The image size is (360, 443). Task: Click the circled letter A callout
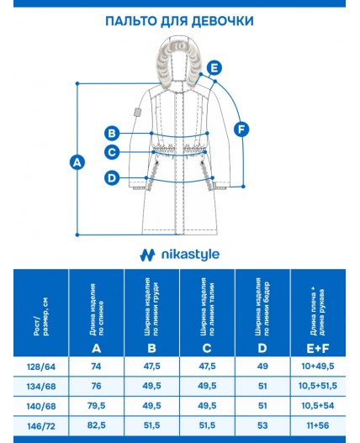tap(77, 162)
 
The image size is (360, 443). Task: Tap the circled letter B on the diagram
tap(112, 133)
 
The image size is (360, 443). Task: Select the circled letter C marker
tap(112, 152)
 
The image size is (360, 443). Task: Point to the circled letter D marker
tap(112, 178)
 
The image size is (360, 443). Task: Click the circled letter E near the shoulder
tap(214, 68)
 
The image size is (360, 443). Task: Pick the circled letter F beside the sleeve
tap(241, 129)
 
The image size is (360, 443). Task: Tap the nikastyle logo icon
tap(147, 255)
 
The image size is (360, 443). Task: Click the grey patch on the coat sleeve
tap(138, 112)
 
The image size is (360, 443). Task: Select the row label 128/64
tap(41, 367)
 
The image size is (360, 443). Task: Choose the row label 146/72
tap(41, 425)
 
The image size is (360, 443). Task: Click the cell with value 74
tap(96, 367)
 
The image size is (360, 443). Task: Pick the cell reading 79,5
tap(96, 406)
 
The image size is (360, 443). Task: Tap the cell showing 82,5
tap(96, 425)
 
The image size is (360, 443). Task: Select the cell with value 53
tap(262, 425)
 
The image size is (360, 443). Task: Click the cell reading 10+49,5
tap(318, 367)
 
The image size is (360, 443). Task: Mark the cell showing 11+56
tap(318, 425)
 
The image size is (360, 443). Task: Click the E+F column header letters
tap(318, 349)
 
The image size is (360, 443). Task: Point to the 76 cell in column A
tap(96, 386)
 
